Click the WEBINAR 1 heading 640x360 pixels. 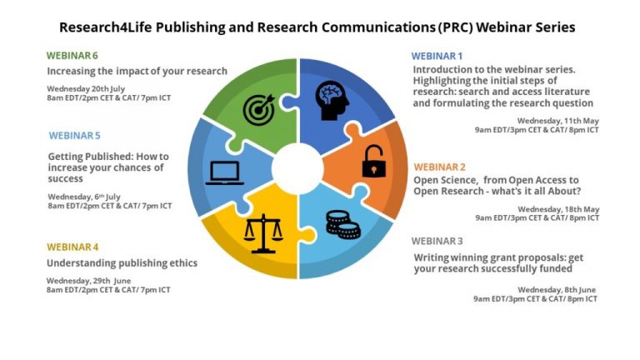pyautogui.click(x=437, y=56)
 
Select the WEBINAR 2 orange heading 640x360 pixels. pyautogui.click(x=440, y=167)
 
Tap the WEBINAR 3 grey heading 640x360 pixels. pyautogui.click(x=437, y=241)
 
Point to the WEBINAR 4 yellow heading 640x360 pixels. pyautogui.click(x=72, y=247)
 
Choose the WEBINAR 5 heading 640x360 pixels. pyautogui.click(x=75, y=136)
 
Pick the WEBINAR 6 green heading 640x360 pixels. pyautogui.click(x=72, y=56)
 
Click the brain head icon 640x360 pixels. pyautogui.click(x=332, y=100)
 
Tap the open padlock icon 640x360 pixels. pyautogui.click(x=373, y=161)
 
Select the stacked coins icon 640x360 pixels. pyautogui.click(x=342, y=224)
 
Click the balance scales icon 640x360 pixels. pyautogui.click(x=263, y=233)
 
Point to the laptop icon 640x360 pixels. pyautogui.click(x=224, y=173)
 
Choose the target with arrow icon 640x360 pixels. pyautogui.click(x=259, y=109)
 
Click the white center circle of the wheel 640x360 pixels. pyautogui.click(x=297, y=168)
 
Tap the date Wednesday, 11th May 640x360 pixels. pyautogui.click(x=558, y=121)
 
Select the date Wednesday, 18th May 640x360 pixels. pyautogui.click(x=558, y=209)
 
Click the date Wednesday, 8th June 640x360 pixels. pyautogui.click(x=557, y=289)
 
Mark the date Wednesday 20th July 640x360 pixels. pyautogui.click(x=86, y=88)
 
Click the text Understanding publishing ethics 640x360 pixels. pyautogui.click(x=122, y=263)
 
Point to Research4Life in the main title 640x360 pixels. pyautogui.click(x=105, y=27)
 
